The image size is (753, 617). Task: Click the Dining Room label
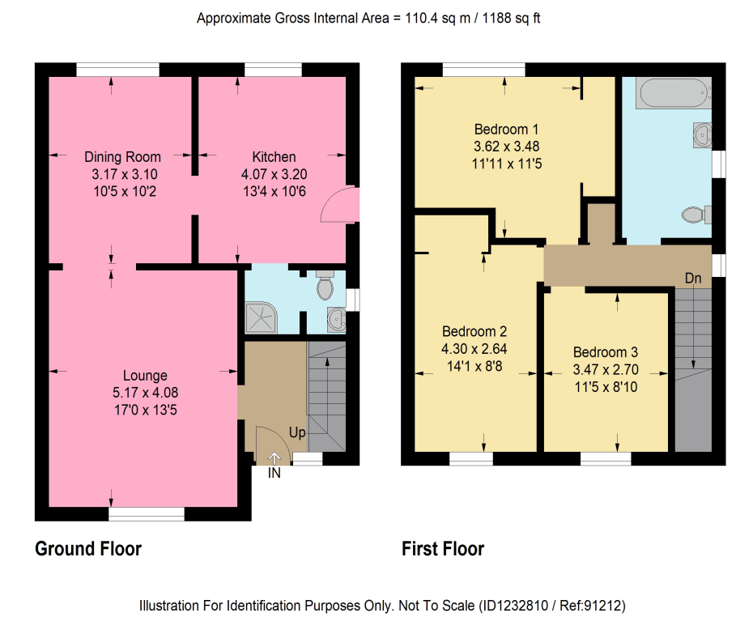(122, 157)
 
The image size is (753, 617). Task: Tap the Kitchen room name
(274, 157)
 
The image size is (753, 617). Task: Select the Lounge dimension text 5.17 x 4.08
(145, 393)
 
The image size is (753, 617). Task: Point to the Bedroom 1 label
(506, 130)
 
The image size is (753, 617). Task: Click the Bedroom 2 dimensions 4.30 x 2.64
(474, 349)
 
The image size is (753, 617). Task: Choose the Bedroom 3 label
(606, 352)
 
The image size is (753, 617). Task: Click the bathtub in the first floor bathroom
(674, 92)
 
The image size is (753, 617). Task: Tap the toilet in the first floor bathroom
(696, 215)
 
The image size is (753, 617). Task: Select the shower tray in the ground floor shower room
(261, 317)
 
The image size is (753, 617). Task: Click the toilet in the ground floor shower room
(325, 285)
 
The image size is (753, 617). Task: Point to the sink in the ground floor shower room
(336, 319)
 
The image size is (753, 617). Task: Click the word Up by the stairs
(297, 433)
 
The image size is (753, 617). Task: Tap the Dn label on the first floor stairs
(693, 279)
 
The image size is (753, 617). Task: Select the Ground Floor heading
(88, 549)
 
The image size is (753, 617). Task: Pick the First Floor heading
(443, 549)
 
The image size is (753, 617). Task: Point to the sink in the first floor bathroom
(702, 134)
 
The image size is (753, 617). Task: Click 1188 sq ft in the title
(511, 19)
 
